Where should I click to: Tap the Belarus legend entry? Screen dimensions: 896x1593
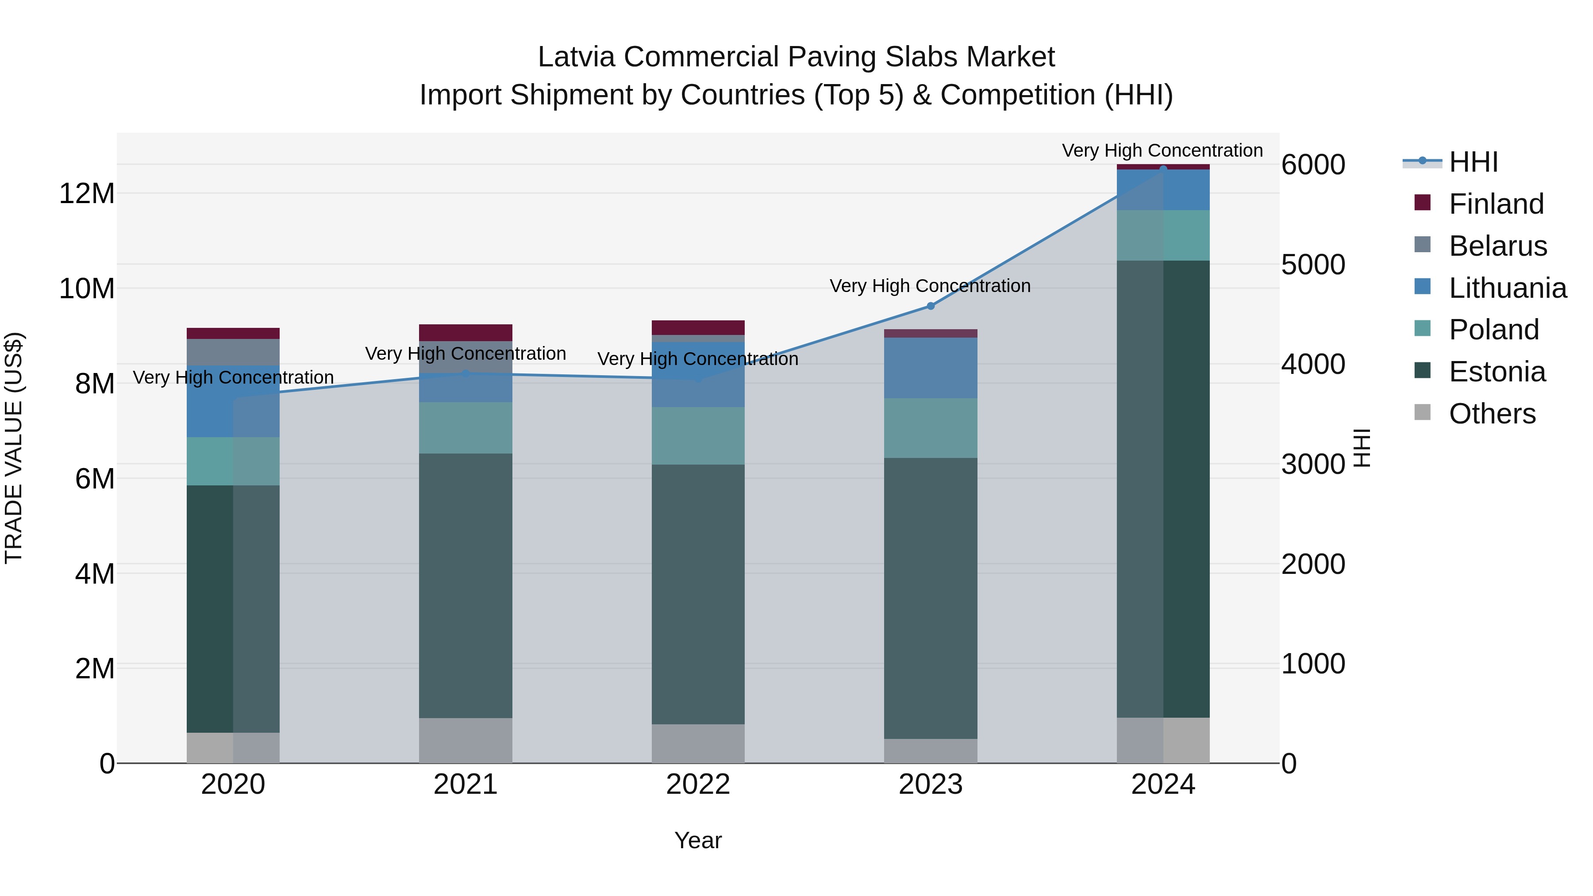[x=1497, y=246]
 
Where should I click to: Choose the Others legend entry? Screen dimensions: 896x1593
[x=1492, y=414]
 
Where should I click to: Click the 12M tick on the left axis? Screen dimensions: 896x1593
[x=87, y=193]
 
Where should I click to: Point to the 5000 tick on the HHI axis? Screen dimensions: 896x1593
[x=1312, y=265]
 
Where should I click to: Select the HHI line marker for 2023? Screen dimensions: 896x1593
[x=930, y=306]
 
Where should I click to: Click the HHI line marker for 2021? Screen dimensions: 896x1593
[x=466, y=373]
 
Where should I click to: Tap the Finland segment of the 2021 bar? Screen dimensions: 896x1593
[x=466, y=333]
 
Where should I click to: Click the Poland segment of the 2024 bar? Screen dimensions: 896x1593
[x=1162, y=235]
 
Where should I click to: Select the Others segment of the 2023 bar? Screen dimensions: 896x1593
[x=930, y=751]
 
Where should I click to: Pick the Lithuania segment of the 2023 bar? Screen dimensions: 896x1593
[x=930, y=368]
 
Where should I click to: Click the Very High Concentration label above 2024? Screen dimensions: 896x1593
[x=1162, y=151]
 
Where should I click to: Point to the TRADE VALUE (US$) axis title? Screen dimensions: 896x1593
[x=14, y=448]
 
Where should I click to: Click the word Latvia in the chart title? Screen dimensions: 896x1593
[x=576, y=58]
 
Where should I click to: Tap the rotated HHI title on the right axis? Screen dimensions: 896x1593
[x=1362, y=448]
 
